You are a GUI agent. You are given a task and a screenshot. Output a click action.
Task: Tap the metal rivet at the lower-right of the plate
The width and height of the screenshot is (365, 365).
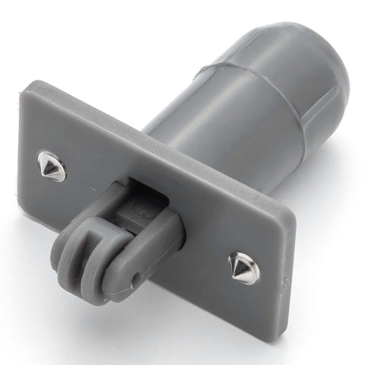243,268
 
